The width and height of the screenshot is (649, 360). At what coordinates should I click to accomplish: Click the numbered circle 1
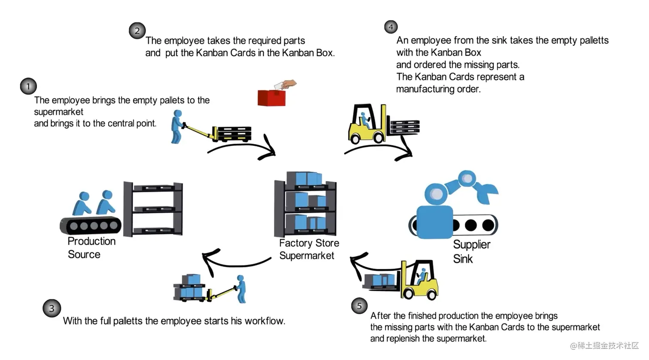coord(28,86)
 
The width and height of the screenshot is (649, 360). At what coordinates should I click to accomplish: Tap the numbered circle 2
coord(137,31)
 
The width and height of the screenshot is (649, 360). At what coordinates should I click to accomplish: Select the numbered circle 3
coord(52,308)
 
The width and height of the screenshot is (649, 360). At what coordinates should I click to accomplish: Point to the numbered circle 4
coord(391,27)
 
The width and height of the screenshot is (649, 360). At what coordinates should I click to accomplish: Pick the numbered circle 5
coord(359,306)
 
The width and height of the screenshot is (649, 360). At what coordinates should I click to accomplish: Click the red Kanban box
coord(271,98)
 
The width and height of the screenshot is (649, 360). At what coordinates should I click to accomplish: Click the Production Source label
coord(91,248)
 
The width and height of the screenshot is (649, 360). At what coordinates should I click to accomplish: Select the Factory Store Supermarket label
coord(309,249)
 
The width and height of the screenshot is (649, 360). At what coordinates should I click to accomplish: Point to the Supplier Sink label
coord(471,251)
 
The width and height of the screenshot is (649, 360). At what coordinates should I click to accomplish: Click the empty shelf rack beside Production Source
coord(153,209)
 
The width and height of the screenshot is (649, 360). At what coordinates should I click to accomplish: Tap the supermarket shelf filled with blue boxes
coord(305,204)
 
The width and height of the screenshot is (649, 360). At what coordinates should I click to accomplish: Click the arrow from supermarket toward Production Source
coord(232,260)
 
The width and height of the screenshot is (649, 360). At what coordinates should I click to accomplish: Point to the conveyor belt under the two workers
coord(90,225)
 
